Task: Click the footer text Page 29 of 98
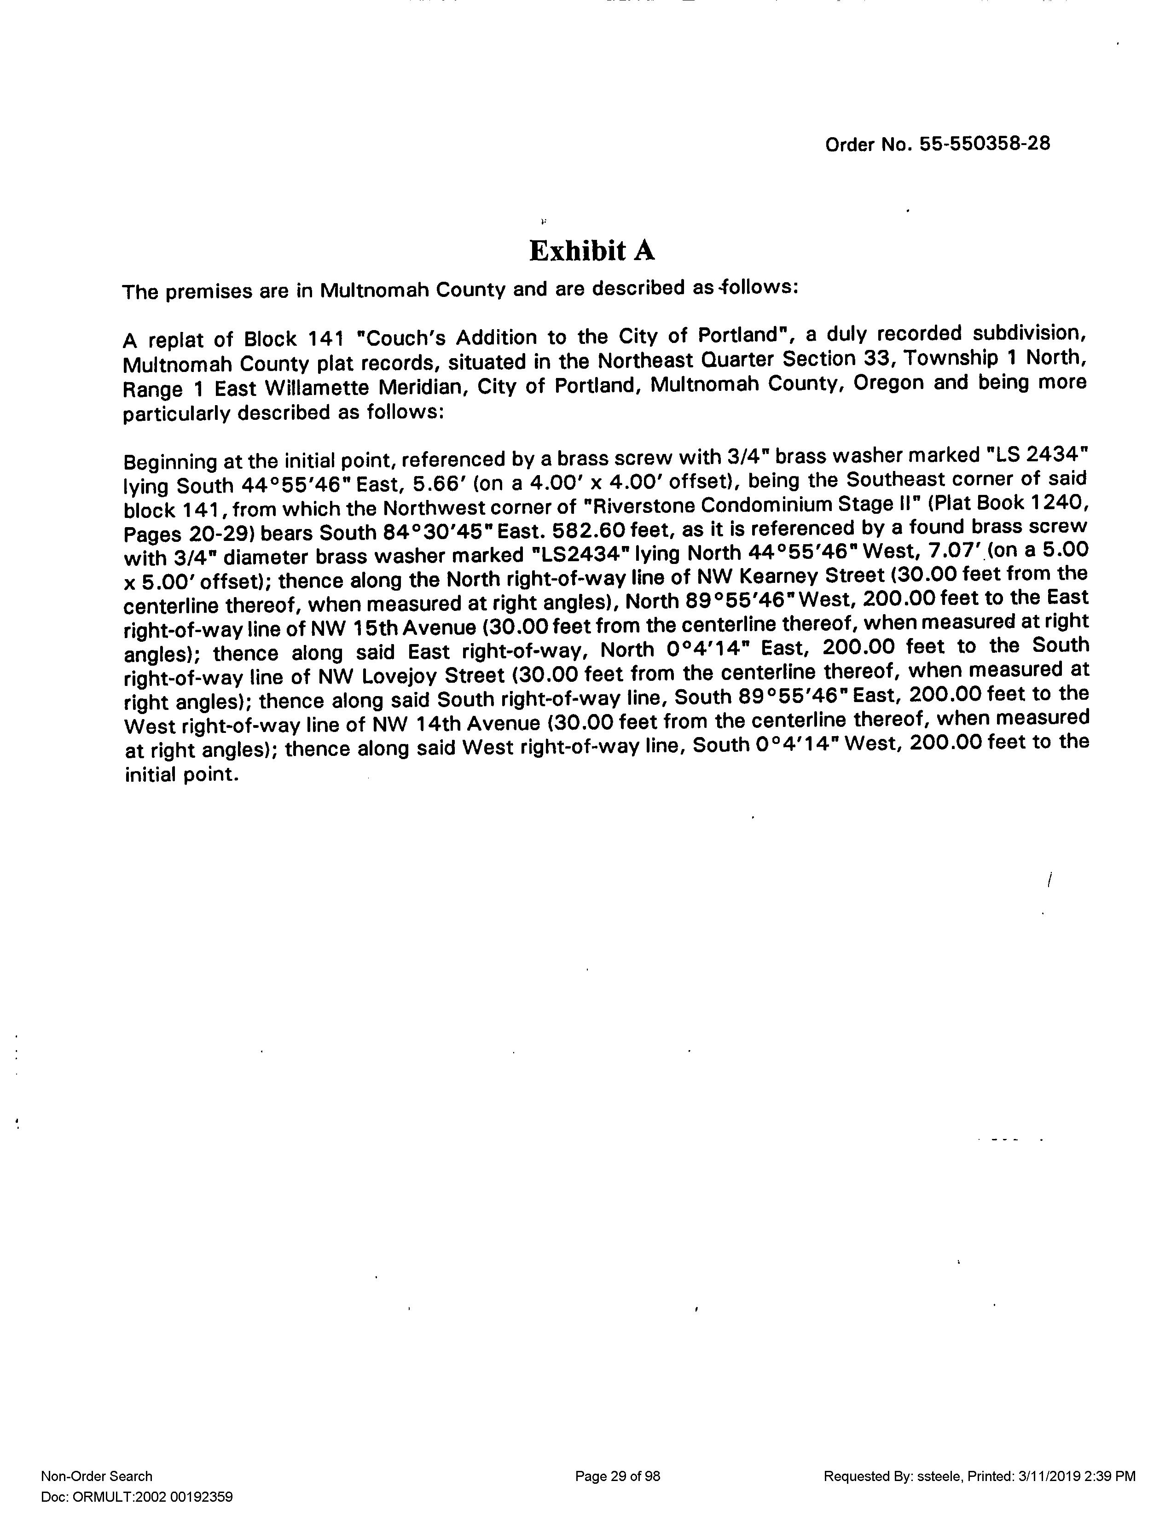pos(617,1476)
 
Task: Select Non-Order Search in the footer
pos(97,1476)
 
